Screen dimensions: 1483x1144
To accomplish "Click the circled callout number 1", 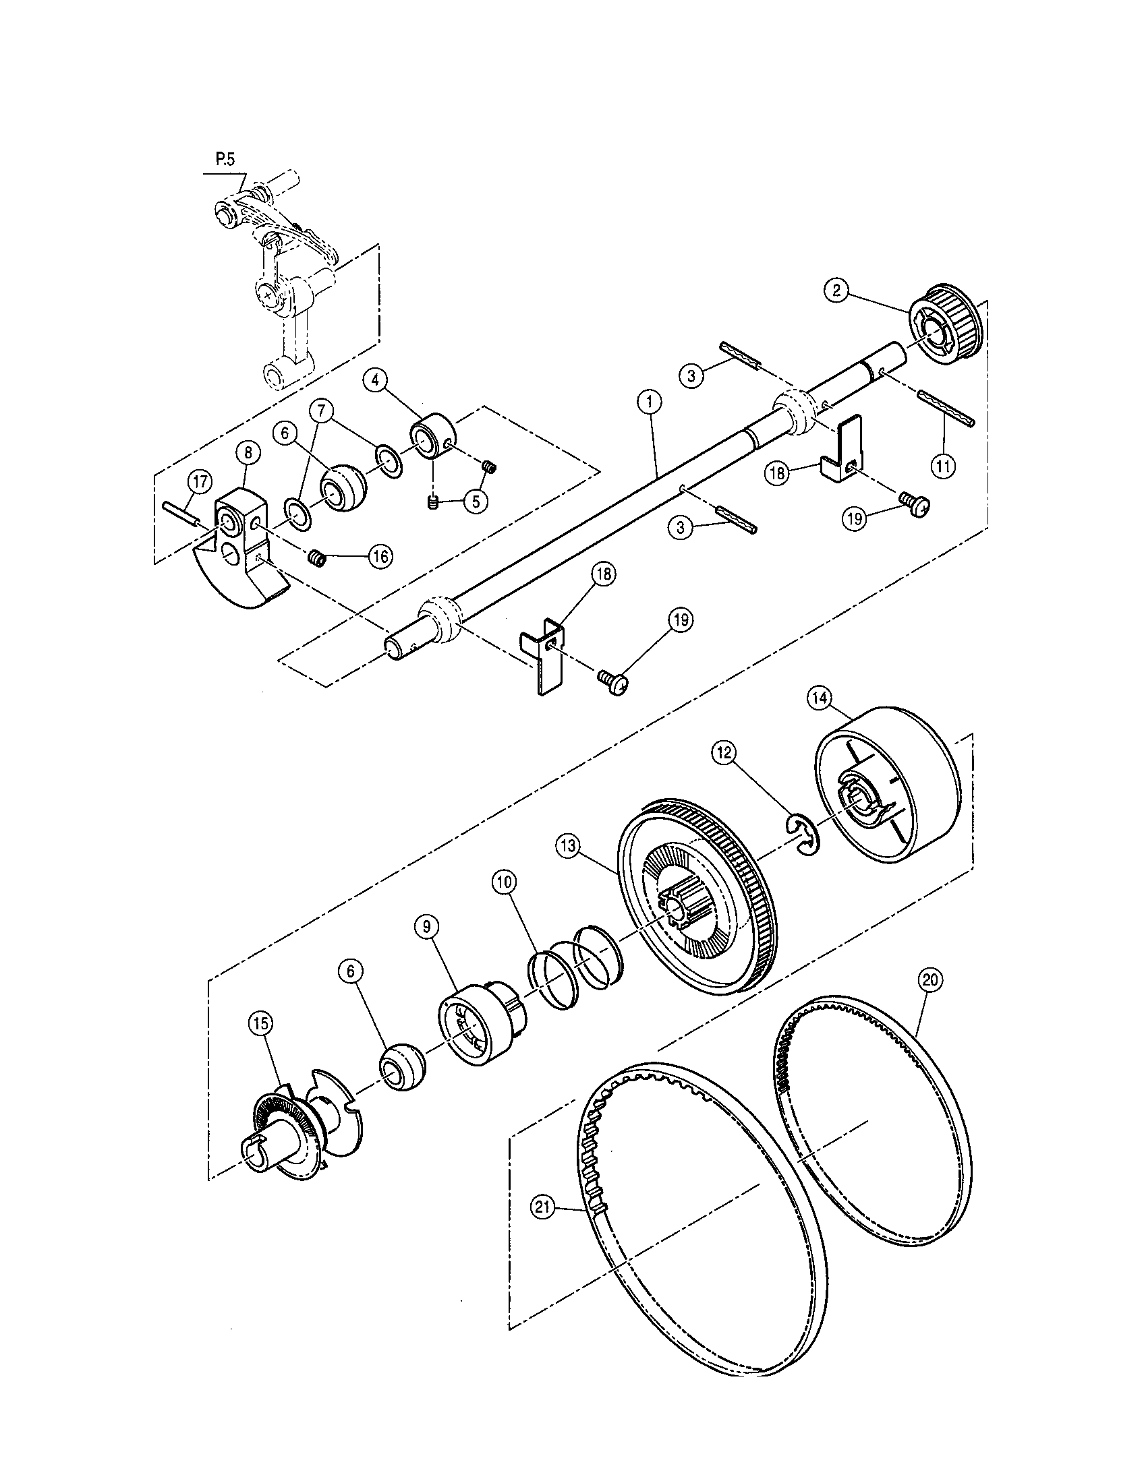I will click(x=650, y=402).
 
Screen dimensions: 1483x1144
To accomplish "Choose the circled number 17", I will click(x=199, y=483).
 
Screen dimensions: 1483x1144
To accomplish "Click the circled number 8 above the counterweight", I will click(x=248, y=452).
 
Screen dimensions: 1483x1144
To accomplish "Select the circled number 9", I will click(x=426, y=928).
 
